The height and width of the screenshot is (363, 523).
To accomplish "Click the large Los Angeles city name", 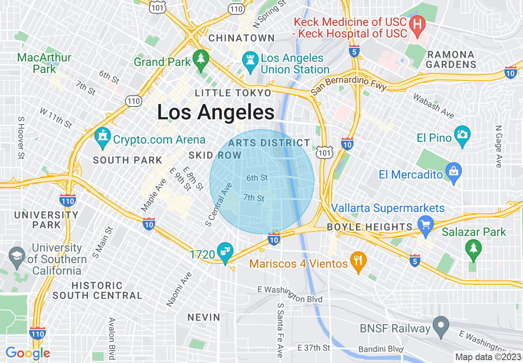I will coord(216,112).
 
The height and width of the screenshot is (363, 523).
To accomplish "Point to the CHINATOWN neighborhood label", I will coord(241,38).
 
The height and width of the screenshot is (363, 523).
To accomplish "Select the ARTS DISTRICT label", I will coord(269,143).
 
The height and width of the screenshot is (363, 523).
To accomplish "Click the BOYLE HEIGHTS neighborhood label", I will coord(369,227).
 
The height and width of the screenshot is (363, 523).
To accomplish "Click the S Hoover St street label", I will coord(20,137).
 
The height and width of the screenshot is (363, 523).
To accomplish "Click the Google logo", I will coord(28,353).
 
